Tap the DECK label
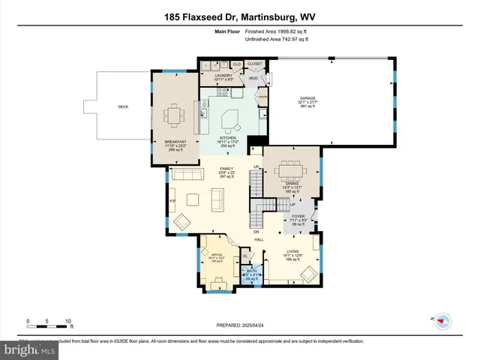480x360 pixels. [x=123, y=106]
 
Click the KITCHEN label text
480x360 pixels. [x=227, y=138]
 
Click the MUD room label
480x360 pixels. [x=253, y=77]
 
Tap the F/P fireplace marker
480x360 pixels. [x=172, y=201]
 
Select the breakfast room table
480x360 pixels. [x=175, y=115]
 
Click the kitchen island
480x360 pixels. [x=232, y=118]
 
